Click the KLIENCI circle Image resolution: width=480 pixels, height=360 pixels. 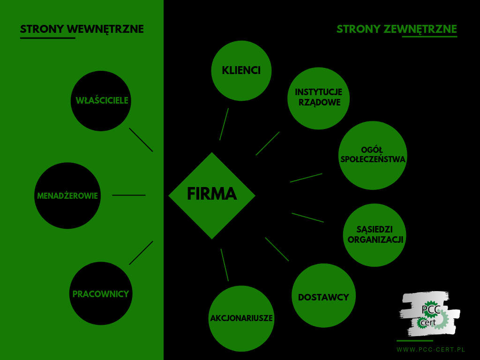241,71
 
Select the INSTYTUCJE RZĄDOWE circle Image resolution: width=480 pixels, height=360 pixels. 318,98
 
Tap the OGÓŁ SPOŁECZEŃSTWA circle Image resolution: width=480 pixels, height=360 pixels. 373,156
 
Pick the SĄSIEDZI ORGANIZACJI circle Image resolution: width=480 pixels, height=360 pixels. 375,235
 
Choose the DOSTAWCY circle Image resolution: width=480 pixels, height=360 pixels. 323,295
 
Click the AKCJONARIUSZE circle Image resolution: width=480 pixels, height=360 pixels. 241,318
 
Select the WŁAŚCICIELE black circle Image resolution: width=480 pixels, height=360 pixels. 101,101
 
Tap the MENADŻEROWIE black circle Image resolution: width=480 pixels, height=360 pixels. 67,195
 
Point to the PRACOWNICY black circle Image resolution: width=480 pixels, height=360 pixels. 101,293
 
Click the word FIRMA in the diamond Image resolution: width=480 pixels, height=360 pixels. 212,194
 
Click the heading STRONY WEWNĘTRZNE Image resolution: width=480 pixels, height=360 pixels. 82,29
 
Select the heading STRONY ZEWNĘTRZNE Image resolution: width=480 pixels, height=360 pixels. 397,29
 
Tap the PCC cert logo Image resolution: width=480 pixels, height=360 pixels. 429,314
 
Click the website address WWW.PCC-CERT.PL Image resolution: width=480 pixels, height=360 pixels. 431,350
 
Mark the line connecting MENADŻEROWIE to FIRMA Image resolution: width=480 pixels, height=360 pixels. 129,195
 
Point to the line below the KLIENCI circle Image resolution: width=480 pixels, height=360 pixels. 224,124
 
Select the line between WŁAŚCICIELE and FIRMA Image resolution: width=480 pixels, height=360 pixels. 141,140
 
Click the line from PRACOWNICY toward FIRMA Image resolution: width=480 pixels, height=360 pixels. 141,253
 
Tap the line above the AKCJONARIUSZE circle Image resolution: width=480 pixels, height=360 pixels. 225,265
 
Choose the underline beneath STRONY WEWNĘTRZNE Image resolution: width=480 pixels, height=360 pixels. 47,38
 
